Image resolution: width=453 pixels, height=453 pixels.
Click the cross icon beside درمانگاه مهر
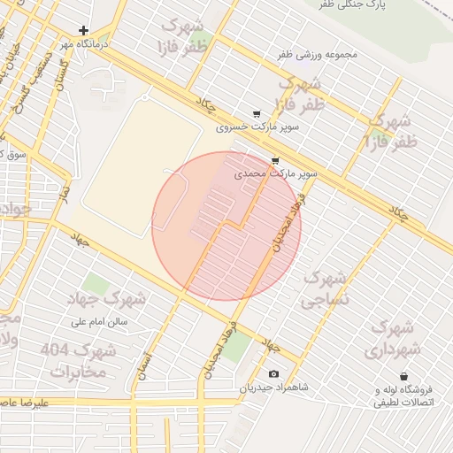[84, 30]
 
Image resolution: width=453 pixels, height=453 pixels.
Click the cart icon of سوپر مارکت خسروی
[257, 114]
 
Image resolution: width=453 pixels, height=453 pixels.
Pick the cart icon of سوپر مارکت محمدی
[275, 161]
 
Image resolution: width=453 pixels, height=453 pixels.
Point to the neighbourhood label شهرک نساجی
[326, 289]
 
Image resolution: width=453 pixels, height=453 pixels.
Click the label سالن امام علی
[100, 322]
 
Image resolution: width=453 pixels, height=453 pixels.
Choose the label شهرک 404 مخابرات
[79, 360]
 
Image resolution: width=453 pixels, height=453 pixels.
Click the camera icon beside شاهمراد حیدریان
[273, 374]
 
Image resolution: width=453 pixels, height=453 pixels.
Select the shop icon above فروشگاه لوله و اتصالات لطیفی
[403, 376]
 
